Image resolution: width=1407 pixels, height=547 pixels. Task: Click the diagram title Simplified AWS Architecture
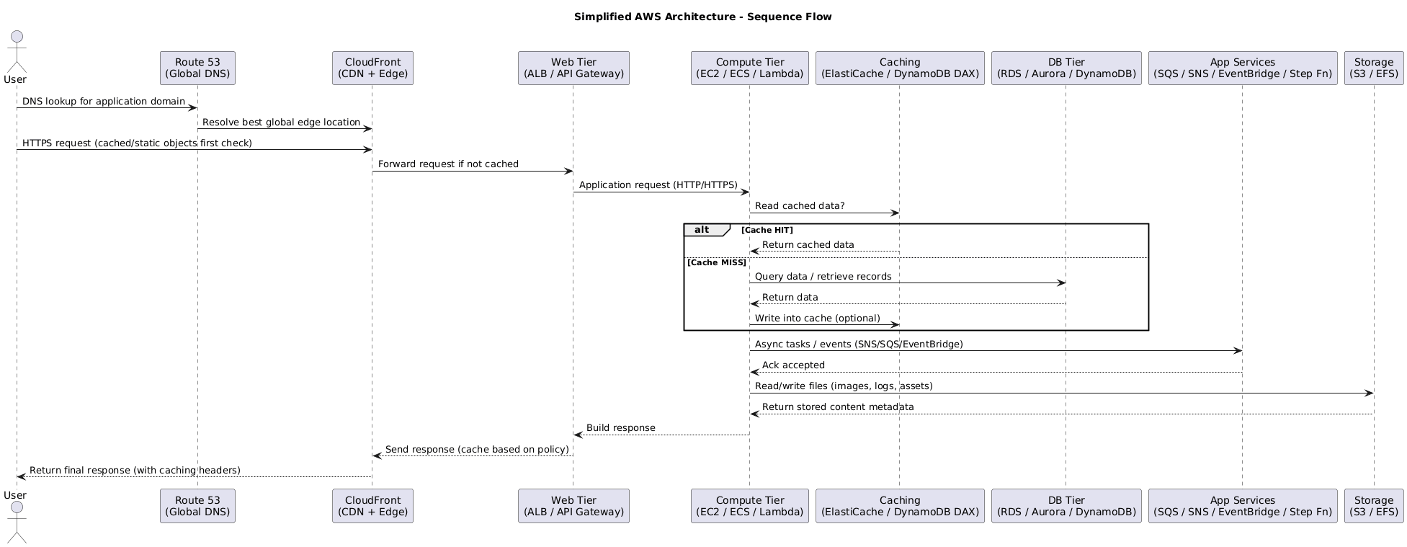tap(702, 17)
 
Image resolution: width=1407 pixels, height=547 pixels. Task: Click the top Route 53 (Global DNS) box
tap(197, 68)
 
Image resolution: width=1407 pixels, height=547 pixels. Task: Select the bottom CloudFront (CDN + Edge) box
tap(372, 506)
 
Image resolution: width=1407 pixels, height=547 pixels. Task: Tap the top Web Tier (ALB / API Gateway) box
tap(573, 68)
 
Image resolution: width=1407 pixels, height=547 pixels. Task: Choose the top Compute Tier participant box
tap(749, 68)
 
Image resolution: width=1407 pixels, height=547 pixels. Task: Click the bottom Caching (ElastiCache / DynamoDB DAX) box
tap(900, 506)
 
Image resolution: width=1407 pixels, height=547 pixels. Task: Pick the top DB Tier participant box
tap(1066, 68)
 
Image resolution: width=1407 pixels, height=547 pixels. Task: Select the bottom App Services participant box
tap(1243, 506)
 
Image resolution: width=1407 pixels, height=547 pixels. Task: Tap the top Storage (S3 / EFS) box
tap(1374, 68)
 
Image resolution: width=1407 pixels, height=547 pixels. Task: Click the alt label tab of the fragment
tap(702, 230)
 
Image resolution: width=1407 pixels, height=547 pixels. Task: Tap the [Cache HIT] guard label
tap(767, 230)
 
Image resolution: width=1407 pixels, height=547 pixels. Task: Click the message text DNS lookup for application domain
tap(104, 102)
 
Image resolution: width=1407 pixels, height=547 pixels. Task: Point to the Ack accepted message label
tap(793, 365)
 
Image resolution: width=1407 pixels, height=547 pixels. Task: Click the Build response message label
tap(620, 428)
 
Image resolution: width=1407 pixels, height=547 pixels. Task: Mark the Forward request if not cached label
tap(448, 164)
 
